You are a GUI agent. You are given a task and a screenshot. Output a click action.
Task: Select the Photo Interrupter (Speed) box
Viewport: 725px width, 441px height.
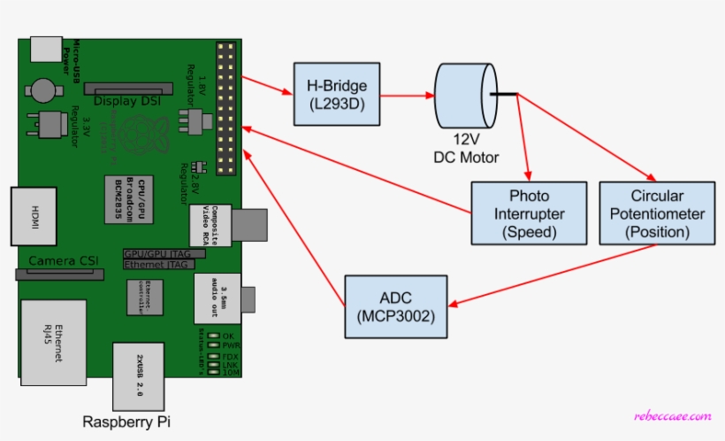529,213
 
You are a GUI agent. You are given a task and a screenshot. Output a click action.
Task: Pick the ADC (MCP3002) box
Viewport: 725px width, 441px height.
395,306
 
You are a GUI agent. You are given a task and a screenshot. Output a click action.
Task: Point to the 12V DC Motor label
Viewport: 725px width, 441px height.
466,150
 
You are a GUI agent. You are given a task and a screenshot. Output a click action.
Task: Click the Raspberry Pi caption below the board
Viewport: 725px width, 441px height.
126,422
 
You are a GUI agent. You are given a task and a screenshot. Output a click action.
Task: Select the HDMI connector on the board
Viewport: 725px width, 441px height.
33,214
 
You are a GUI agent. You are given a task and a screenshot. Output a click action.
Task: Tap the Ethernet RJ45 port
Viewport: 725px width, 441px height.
54,340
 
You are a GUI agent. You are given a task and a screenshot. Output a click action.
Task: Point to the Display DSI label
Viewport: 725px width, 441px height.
129,100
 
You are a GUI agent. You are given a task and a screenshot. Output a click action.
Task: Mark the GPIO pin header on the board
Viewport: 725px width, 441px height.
226,106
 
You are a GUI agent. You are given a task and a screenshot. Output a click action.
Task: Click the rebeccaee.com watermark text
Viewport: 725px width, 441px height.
673,416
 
